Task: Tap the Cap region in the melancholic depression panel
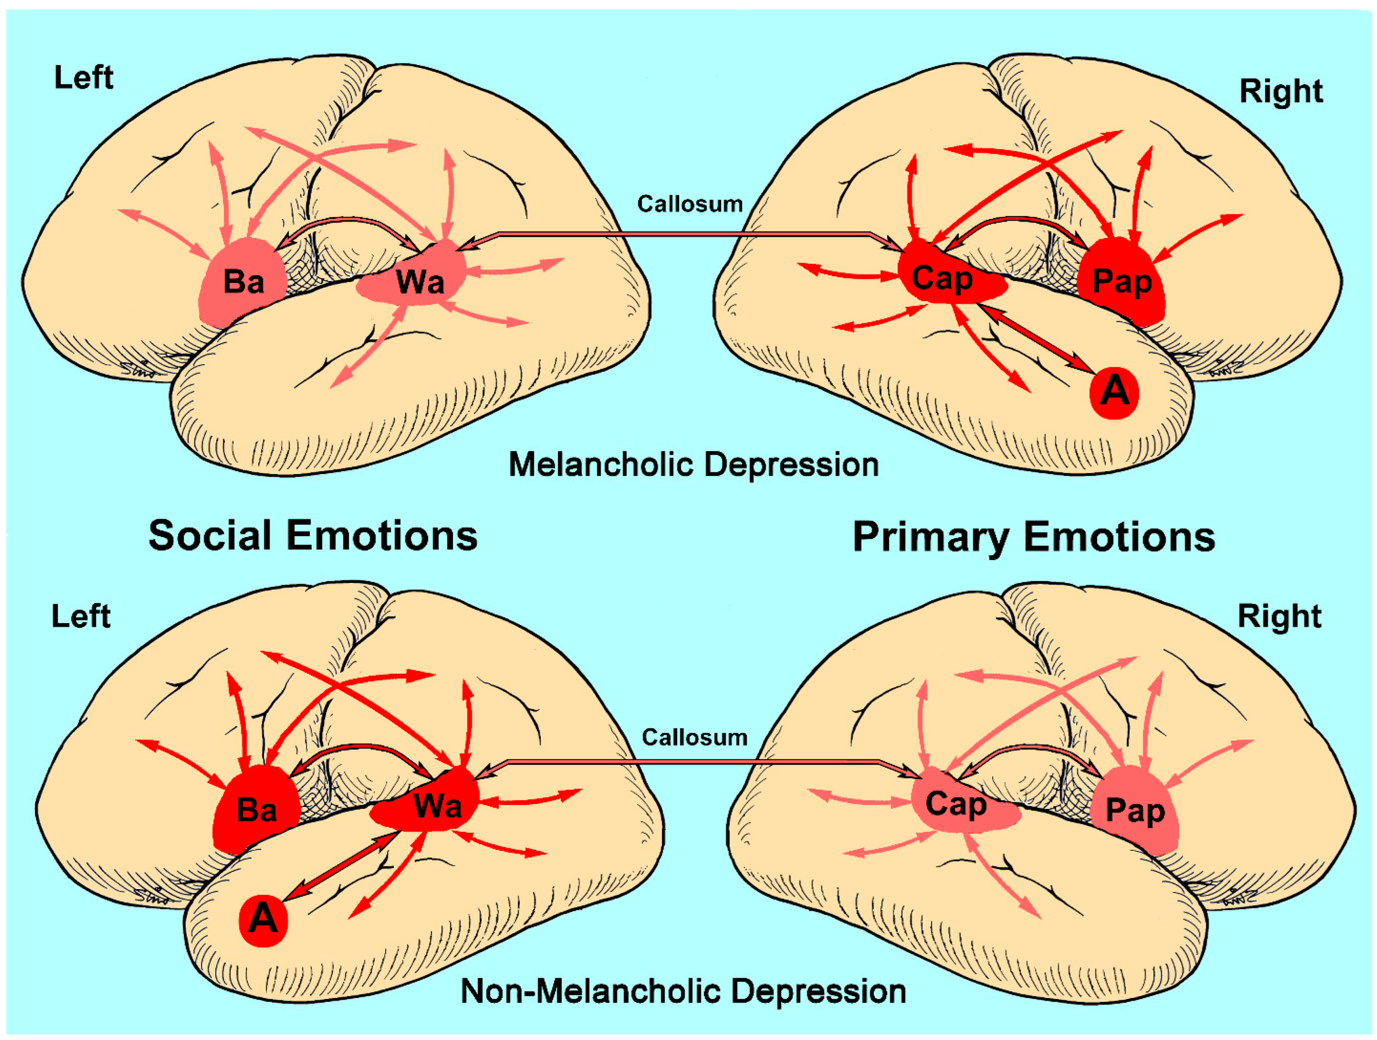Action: point(943,279)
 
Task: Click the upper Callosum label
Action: point(690,204)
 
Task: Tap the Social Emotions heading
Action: point(312,536)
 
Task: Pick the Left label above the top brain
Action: point(84,78)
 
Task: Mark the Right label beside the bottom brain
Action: point(1279,617)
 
